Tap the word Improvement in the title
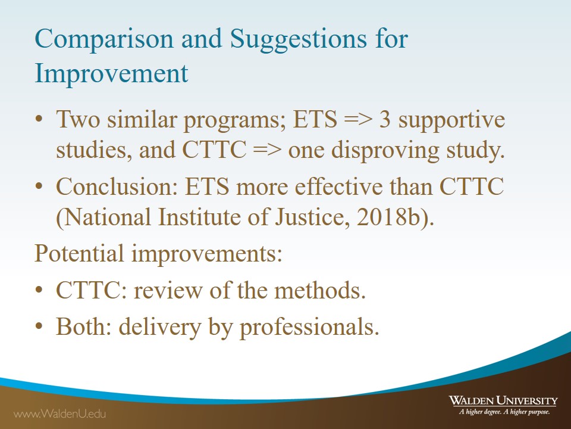pos(111,73)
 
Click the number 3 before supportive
pos(385,119)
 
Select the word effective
pos(338,186)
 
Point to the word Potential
pos(79,253)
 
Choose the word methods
pos(320,291)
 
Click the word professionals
pos(309,328)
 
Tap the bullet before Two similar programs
pos(39,119)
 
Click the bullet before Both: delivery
pos(39,326)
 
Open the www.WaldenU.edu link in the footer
pos(59,414)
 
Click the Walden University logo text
pos(503,400)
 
